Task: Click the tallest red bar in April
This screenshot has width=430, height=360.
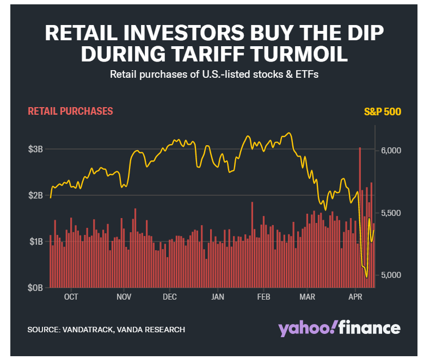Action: pos(360,218)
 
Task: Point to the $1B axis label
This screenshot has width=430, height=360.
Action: pos(36,241)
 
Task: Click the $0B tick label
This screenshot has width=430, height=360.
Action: pos(36,288)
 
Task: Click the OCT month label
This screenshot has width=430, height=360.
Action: pos(71,297)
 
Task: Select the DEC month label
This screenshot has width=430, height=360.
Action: pos(170,297)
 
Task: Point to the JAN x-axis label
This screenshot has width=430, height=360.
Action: pos(217,297)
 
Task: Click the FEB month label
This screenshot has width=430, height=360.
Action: pos(263,297)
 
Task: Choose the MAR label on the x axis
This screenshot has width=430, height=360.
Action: pos(308,297)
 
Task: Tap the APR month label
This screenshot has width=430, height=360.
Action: pos(355,297)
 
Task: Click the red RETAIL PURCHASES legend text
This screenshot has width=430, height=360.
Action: pos(70,111)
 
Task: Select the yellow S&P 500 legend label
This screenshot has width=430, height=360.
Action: pos(382,113)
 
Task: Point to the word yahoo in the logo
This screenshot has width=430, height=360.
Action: pos(305,328)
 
